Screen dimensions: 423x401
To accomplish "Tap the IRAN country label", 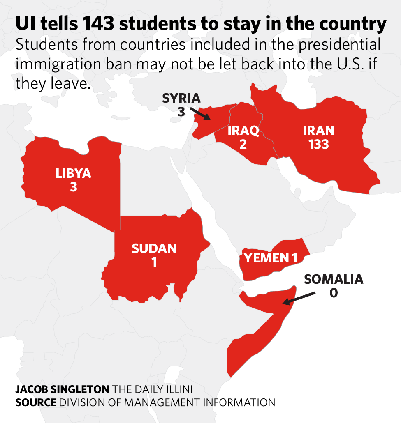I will click(318, 131).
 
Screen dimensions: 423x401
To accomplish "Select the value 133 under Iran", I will click(318, 144).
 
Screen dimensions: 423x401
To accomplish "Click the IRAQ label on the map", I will click(243, 131).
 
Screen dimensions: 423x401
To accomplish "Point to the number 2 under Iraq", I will click(243, 145).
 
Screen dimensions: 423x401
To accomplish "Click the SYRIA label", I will click(181, 98).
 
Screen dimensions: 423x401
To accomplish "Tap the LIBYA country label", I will click(73, 173).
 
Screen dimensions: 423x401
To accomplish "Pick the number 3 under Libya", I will click(74, 187).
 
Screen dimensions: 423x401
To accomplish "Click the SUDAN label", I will click(154, 248).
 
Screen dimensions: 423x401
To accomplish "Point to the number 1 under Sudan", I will click(154, 262).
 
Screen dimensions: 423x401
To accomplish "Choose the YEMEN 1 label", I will click(271, 258).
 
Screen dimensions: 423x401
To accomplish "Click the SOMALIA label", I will click(334, 279).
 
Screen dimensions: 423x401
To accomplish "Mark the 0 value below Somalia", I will click(334, 293).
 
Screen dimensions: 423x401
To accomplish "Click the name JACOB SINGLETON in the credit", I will click(63, 389).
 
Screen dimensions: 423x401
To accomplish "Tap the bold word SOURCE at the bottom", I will click(36, 402).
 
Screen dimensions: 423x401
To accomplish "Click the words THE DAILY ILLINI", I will click(153, 389).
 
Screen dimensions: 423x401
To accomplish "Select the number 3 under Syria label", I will click(181, 111).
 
